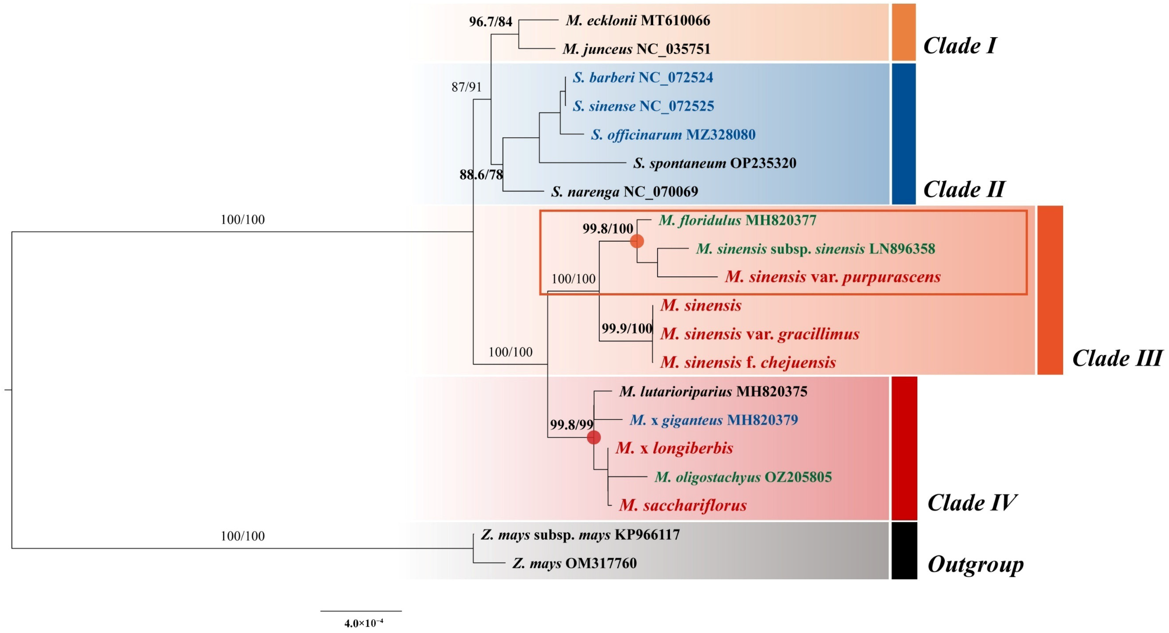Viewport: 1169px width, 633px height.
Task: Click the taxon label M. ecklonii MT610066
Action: (638, 20)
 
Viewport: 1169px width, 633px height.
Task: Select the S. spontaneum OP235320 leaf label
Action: (714, 163)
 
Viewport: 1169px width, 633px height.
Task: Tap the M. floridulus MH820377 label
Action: (737, 220)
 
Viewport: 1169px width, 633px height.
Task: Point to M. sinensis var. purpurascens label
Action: (832, 277)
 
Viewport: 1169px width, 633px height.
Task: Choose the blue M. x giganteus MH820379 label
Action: (714, 420)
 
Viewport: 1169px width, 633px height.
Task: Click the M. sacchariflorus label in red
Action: (683, 506)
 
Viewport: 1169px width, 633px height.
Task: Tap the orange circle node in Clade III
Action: (637, 241)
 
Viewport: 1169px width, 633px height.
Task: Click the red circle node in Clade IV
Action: (594, 437)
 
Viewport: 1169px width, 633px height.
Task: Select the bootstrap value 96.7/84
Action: (490, 21)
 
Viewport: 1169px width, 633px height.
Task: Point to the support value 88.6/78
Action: (481, 174)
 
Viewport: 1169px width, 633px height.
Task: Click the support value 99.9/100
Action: (627, 328)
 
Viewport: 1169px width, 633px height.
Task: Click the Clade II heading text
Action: (964, 189)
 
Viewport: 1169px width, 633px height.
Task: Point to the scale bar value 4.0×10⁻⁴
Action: (363, 623)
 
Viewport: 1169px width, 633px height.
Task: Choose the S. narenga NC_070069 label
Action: (625, 192)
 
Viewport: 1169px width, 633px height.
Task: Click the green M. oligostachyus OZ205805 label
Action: (743, 477)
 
